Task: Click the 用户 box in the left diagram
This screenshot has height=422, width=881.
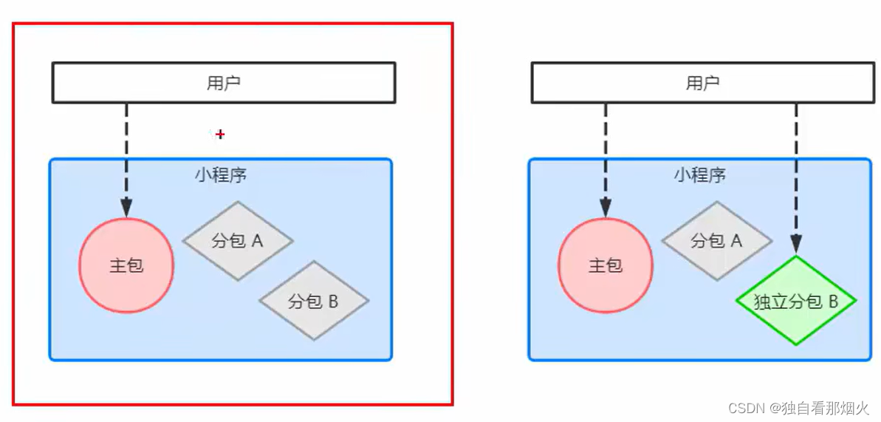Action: point(223,82)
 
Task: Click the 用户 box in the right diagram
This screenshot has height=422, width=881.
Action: point(702,82)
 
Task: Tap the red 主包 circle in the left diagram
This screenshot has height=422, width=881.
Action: point(126,266)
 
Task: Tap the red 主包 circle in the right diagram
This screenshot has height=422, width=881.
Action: point(605,266)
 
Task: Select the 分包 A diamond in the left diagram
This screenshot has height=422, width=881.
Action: point(237,241)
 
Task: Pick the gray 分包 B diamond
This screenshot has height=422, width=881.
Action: point(313,301)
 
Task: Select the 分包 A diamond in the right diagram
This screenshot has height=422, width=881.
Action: point(716,241)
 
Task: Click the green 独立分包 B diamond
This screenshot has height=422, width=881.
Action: point(795,301)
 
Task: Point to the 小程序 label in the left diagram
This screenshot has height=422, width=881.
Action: point(221,175)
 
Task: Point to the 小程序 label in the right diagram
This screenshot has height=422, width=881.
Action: point(699,175)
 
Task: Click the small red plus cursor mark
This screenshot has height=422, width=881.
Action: point(219,135)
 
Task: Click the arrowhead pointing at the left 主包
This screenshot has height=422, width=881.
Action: point(126,207)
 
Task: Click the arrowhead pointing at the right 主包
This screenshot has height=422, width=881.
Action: point(605,207)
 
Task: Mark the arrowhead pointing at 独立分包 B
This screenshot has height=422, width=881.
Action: point(796,245)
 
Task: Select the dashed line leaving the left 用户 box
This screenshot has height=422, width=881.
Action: point(126,148)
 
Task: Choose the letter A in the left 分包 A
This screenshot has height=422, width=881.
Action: point(258,241)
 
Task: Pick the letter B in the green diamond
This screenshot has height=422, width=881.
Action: point(832,302)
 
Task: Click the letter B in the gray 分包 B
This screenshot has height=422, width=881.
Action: point(332,301)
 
